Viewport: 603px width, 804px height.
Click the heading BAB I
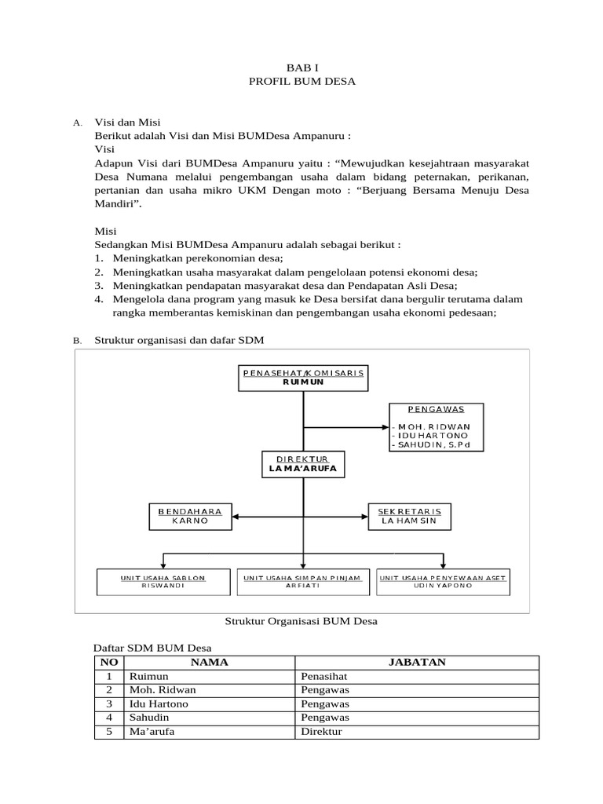coord(302,68)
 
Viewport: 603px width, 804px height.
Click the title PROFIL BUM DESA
coord(302,82)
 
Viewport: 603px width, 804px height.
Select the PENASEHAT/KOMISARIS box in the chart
coord(303,377)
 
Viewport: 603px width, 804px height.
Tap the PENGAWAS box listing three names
coord(437,427)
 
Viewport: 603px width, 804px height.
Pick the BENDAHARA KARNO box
coord(190,516)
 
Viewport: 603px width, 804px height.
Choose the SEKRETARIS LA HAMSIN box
coord(413,516)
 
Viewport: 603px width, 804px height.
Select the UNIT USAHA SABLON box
coord(163,582)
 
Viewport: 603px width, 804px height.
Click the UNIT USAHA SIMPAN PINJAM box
coord(302,582)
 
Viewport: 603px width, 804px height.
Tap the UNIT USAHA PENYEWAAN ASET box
coord(444,582)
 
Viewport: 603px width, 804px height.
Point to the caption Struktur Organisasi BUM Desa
coord(301,621)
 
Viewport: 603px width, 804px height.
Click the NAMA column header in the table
coord(209,662)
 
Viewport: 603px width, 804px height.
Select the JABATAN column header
coord(417,662)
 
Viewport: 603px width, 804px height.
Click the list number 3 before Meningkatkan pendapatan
coord(99,286)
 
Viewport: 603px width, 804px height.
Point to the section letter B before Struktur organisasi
coord(77,341)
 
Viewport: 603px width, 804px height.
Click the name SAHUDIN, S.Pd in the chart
coord(437,445)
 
